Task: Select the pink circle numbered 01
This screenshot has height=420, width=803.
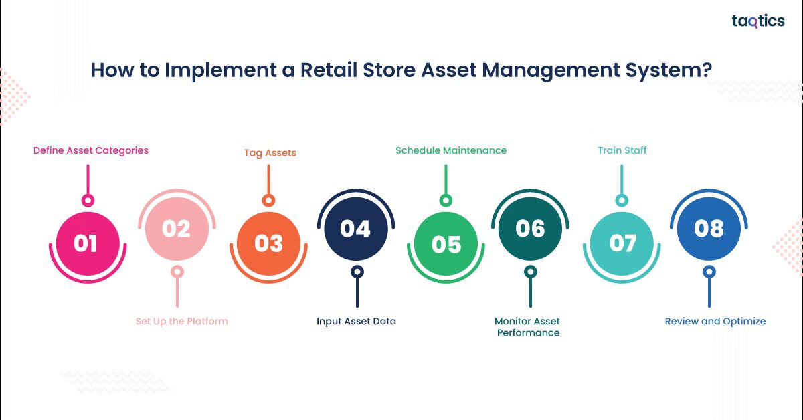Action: (x=86, y=243)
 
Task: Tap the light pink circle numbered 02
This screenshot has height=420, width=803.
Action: (x=177, y=229)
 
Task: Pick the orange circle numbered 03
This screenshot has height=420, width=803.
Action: (x=268, y=243)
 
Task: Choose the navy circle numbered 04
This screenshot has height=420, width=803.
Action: (x=355, y=229)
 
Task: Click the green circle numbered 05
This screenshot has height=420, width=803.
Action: (x=446, y=243)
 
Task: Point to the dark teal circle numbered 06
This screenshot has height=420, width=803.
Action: (x=530, y=229)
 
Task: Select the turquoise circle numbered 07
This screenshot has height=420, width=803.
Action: (x=622, y=243)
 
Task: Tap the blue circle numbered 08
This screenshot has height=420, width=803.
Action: (x=709, y=229)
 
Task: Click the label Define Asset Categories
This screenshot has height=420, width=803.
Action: (x=91, y=150)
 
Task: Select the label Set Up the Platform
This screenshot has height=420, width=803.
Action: (x=181, y=321)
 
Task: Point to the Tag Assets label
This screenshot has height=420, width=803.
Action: (x=270, y=152)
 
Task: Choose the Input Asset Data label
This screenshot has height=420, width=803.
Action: (x=356, y=321)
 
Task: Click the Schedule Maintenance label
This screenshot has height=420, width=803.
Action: (x=451, y=150)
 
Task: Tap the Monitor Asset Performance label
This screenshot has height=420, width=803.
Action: (x=528, y=327)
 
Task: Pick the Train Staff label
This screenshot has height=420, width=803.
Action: (x=622, y=150)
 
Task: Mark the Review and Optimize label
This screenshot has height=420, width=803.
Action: (x=715, y=321)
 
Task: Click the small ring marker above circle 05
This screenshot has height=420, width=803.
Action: (x=446, y=200)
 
